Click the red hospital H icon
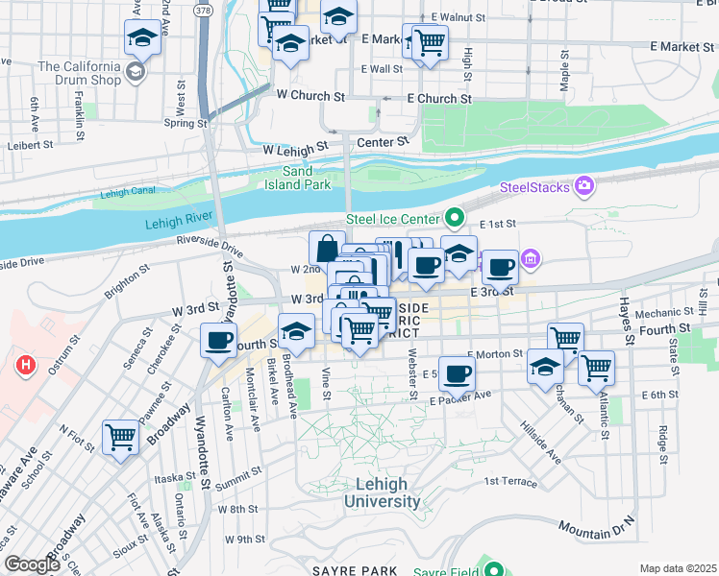[27, 366]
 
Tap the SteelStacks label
[535, 186]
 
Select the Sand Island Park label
[298, 178]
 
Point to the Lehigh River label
[178, 223]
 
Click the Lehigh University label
[382, 493]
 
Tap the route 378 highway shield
[202, 11]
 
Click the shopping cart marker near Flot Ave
[121, 438]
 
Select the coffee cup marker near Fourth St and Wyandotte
[219, 340]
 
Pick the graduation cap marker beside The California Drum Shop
[141, 39]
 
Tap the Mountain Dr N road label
[597, 527]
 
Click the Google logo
[32, 564]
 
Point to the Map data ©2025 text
[677, 568]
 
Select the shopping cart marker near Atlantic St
[596, 367]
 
